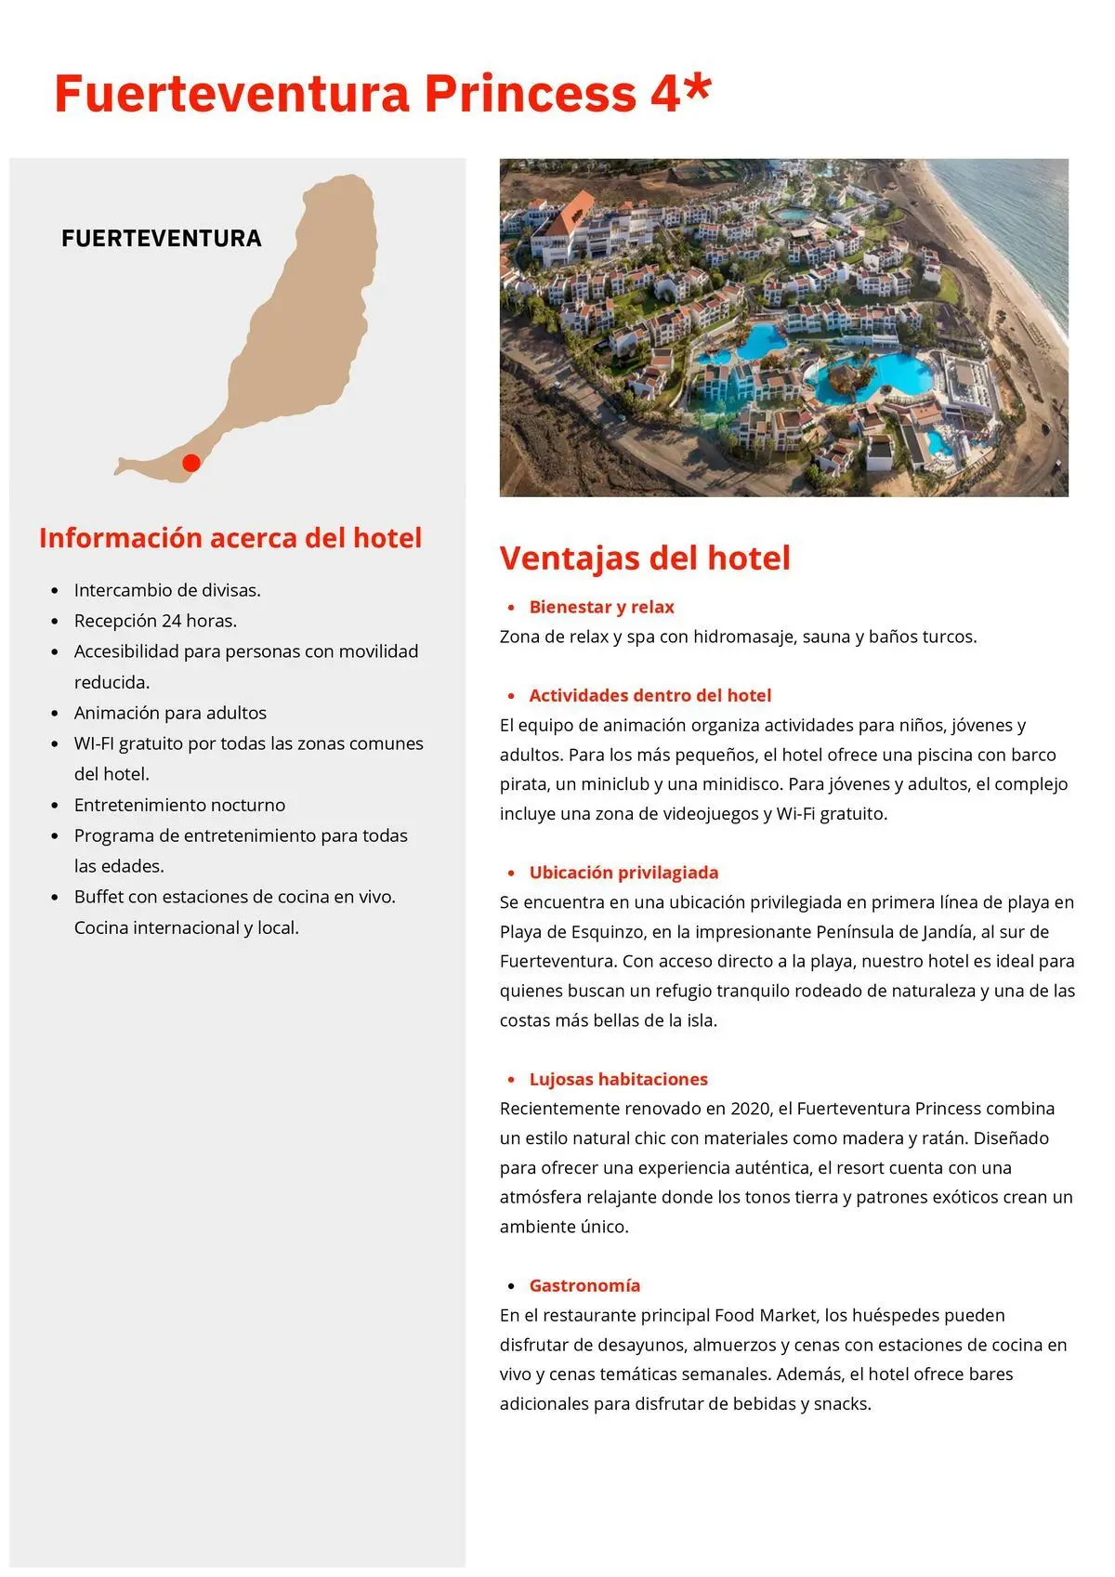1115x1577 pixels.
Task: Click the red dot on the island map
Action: point(191,463)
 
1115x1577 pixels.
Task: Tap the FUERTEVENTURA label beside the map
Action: point(162,239)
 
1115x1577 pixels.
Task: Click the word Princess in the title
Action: point(530,94)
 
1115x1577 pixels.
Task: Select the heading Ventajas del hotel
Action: point(645,558)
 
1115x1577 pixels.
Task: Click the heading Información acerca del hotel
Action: point(230,538)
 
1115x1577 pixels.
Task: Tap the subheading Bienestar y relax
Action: point(601,607)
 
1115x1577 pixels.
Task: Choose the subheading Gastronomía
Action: point(584,1285)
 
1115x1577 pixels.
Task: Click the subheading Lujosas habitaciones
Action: point(618,1079)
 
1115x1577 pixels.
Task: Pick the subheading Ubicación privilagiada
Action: point(623,873)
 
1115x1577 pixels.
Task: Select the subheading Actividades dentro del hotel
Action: point(649,695)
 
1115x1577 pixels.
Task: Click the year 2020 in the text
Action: point(751,1109)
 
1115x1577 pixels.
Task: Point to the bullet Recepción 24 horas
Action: point(155,621)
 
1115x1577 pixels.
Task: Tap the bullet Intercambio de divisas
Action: point(167,590)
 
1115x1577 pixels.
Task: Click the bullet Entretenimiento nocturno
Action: point(179,805)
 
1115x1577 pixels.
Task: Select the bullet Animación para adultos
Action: point(170,713)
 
